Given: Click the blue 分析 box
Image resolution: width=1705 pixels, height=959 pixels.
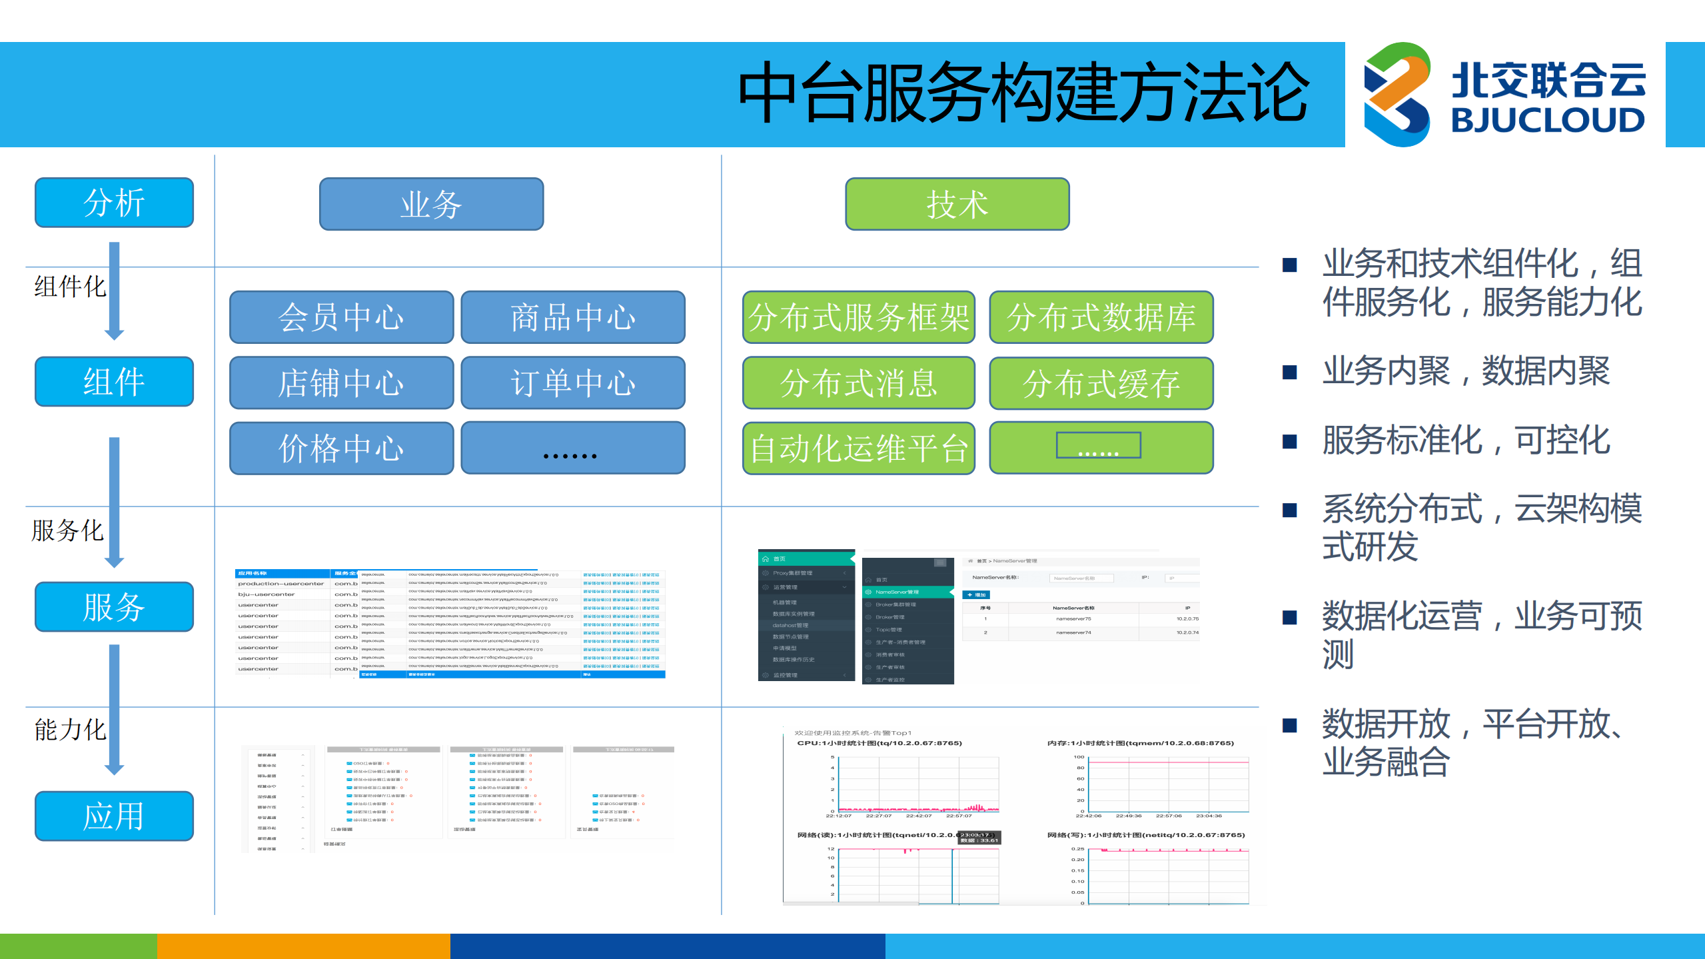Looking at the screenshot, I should (114, 203).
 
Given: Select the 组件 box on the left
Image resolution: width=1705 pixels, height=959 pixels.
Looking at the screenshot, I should (114, 381).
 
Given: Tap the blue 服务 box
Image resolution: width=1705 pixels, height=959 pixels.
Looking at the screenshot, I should (114, 606).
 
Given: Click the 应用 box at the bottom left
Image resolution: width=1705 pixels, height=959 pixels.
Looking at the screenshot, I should (114, 816).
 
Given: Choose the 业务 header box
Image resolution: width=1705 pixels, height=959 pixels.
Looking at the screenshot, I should (431, 204).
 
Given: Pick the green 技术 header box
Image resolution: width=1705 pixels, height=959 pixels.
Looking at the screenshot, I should (957, 204).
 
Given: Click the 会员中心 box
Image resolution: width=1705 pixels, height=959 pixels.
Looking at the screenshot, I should (341, 317).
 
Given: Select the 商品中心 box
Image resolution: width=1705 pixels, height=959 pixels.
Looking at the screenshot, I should (572, 317).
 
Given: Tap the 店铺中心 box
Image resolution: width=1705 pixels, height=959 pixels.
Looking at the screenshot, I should (341, 383).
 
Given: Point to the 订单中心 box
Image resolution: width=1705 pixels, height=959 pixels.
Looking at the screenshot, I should (572, 383).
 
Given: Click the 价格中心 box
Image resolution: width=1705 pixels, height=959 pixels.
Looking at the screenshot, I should (341, 448).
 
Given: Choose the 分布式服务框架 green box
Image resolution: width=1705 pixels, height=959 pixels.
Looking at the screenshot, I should (858, 317).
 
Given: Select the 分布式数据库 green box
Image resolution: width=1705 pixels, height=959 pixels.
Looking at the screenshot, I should (1101, 317).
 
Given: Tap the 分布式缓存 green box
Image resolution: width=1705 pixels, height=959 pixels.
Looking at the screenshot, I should (1101, 383).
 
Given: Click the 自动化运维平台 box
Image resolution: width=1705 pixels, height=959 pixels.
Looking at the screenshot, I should (858, 448).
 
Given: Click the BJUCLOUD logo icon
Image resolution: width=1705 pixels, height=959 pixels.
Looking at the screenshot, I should (1397, 94).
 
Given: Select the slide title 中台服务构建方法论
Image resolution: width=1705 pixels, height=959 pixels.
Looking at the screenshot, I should (1023, 92).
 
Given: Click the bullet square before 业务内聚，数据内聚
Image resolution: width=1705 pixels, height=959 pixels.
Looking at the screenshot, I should (1289, 372).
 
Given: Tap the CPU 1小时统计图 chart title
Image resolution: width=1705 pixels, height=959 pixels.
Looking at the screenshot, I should (879, 742).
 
